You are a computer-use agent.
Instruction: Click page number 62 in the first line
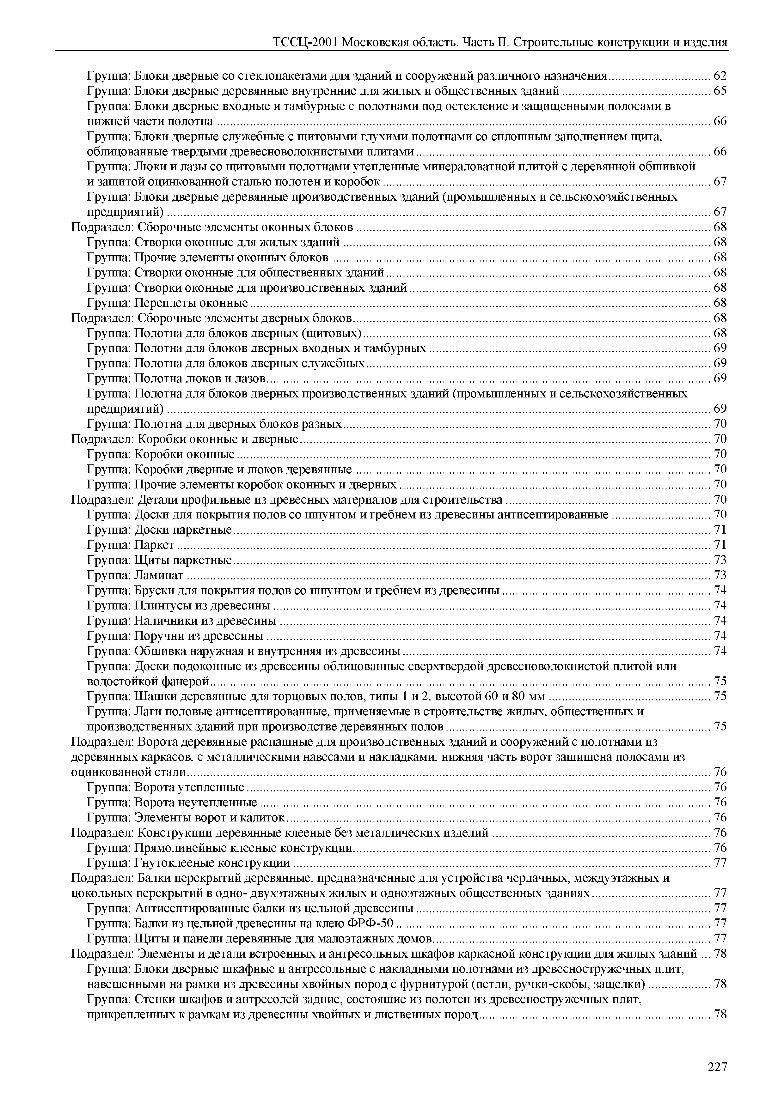pyautogui.click(x=720, y=76)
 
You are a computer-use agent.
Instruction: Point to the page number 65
pyautogui.click(x=720, y=91)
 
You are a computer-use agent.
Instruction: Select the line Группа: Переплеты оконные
pyautogui.click(x=167, y=303)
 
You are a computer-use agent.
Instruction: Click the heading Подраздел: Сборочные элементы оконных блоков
pyautogui.click(x=212, y=227)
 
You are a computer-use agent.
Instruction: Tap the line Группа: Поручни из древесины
pyautogui.click(x=175, y=636)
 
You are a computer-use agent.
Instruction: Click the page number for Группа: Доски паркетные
pyautogui.click(x=720, y=530)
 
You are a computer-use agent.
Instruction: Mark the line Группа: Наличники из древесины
pyautogui.click(x=181, y=621)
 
